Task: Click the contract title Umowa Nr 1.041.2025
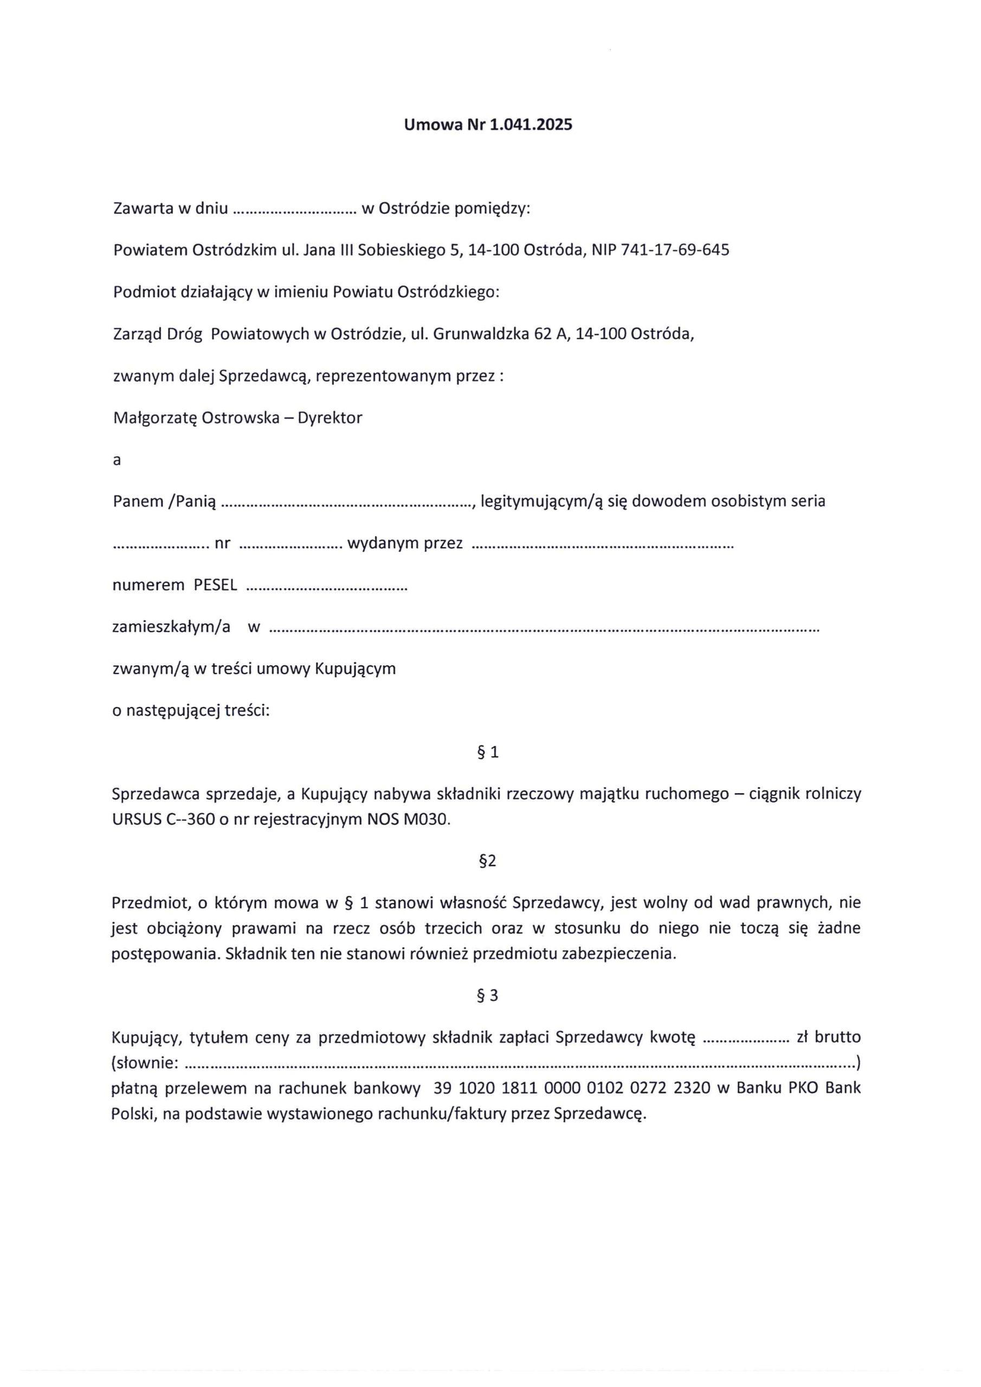(488, 125)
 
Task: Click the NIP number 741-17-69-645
(660, 250)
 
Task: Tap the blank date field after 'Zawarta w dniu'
(294, 210)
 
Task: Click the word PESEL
(215, 585)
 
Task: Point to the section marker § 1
(488, 752)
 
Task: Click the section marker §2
(487, 861)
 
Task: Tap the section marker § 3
(487, 995)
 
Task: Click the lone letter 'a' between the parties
(117, 460)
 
